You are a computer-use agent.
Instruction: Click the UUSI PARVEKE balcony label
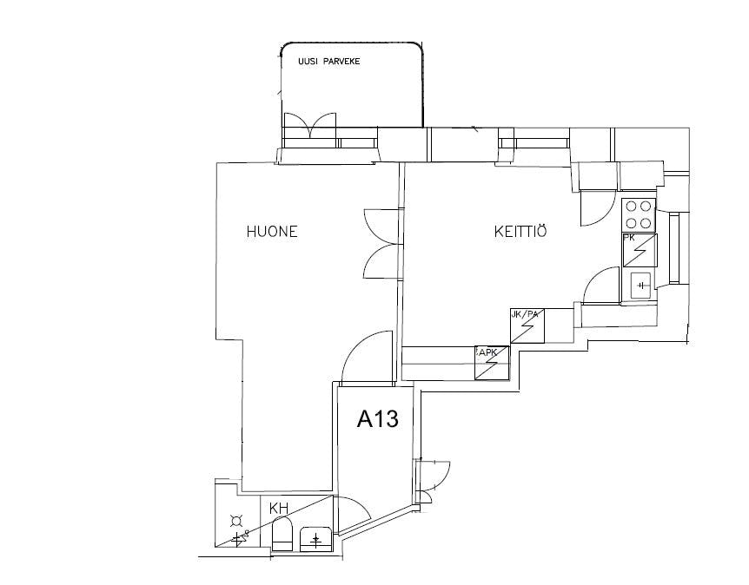click(328, 62)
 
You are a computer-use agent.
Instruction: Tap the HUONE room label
click(272, 232)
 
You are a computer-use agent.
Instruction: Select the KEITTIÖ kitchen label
click(520, 232)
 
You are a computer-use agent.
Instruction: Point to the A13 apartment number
click(378, 420)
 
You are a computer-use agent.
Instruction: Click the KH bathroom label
click(279, 509)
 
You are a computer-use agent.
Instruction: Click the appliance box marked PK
click(640, 250)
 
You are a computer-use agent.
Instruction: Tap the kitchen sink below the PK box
click(640, 284)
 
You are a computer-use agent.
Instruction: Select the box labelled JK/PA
click(527, 326)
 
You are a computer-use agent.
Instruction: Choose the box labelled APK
click(492, 363)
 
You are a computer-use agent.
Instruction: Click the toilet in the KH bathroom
click(282, 535)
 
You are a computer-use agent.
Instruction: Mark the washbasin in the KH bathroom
click(315, 540)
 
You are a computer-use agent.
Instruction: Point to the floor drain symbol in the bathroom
click(235, 522)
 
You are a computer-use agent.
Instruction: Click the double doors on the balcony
click(311, 127)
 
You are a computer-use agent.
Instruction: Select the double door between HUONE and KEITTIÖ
click(381, 244)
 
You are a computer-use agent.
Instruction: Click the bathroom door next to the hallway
click(352, 512)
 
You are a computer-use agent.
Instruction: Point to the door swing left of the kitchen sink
click(600, 286)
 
